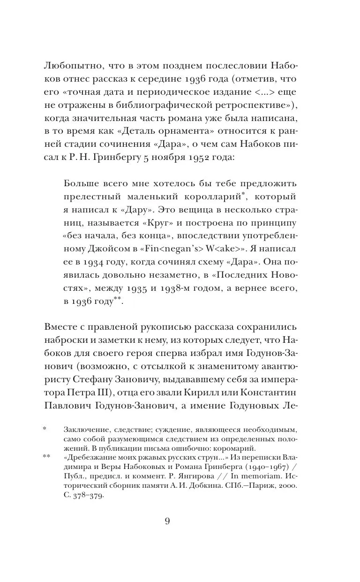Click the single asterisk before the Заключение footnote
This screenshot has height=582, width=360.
coord(45,429)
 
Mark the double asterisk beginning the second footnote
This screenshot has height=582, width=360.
coord(46,456)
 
